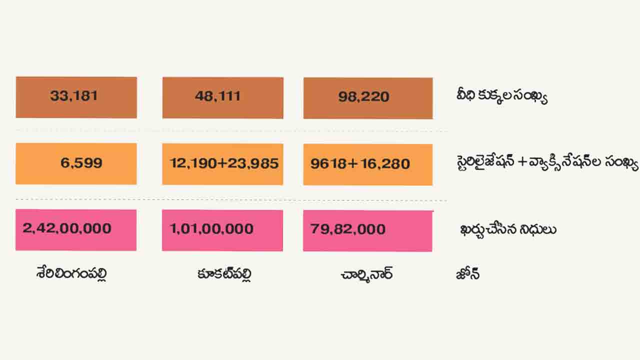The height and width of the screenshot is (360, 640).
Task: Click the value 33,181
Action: tap(74, 96)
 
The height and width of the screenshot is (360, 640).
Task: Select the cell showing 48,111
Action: tap(218, 96)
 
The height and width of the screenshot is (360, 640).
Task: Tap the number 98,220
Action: tap(363, 96)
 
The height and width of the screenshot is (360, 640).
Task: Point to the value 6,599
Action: tap(81, 163)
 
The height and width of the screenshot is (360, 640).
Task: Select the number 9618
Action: tap(324, 164)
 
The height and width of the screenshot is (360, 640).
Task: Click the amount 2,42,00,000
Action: tap(67, 229)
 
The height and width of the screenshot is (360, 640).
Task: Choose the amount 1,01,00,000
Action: tap(211, 229)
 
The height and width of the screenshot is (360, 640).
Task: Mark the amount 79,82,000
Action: tap(348, 229)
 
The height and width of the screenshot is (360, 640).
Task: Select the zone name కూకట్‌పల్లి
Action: tap(224, 274)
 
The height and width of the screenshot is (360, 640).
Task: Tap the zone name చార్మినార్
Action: tap(366, 274)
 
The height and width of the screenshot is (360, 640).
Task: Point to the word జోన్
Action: tap(467, 274)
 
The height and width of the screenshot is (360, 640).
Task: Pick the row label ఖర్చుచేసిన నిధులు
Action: tap(508, 229)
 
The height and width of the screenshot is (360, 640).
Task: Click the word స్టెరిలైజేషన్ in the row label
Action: tap(484, 163)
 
